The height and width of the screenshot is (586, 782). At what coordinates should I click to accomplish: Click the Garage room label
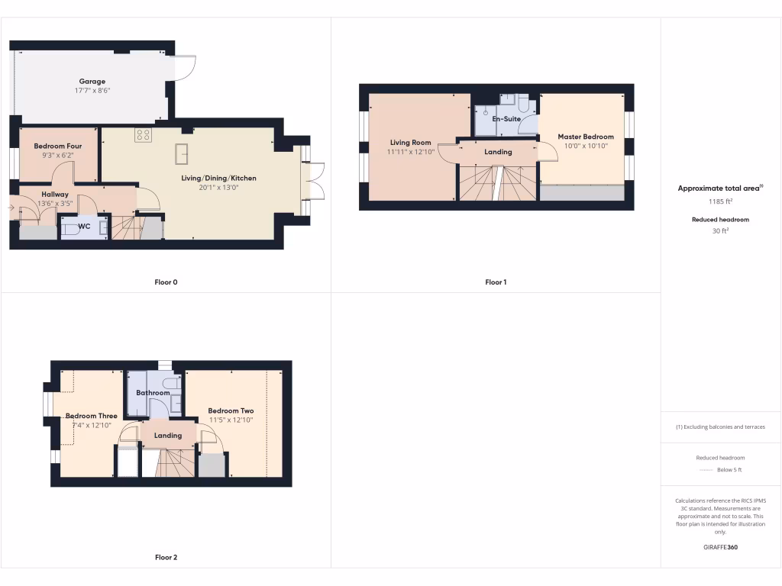tap(92, 82)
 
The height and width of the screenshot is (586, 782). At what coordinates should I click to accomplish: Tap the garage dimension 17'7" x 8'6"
tap(92, 91)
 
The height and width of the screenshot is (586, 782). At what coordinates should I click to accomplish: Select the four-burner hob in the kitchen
tap(143, 135)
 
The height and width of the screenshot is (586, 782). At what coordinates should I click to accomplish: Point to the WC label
tap(83, 226)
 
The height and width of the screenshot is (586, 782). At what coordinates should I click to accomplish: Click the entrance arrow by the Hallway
tap(11, 207)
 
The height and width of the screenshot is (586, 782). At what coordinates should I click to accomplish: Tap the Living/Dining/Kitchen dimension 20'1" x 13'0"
tap(218, 188)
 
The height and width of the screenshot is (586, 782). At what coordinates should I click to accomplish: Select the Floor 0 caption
tap(166, 282)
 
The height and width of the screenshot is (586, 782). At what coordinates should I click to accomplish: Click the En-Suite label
tap(506, 120)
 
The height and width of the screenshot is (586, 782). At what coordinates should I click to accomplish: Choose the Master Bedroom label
tap(585, 137)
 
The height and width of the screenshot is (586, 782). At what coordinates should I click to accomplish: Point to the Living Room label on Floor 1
tap(410, 143)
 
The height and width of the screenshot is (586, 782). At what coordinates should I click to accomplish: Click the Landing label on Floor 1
tap(498, 152)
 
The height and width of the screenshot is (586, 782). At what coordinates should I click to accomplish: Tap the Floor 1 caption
tap(496, 282)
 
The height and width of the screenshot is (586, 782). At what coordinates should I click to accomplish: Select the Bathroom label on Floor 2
tap(153, 393)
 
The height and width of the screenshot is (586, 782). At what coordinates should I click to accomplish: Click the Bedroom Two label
tap(231, 411)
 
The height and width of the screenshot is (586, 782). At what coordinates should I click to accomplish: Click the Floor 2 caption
tap(166, 558)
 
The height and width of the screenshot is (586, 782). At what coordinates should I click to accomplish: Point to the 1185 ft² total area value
tap(720, 202)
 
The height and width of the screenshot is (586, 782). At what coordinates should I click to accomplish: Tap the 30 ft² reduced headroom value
tap(720, 230)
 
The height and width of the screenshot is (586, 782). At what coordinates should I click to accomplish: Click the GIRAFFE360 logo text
tap(720, 547)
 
